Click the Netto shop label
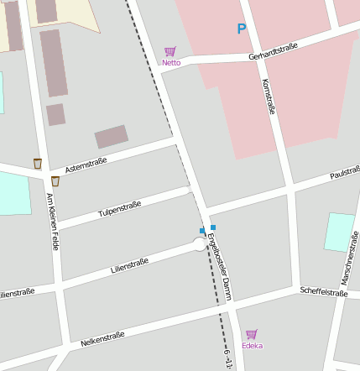pos(171,62)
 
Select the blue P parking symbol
pos(242,29)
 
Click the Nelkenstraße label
pos(102,339)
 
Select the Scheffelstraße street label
pos(323,292)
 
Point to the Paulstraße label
pos(344,173)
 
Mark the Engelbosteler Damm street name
pos(220,267)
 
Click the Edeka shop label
pos(252,345)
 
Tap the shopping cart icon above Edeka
pos(252,334)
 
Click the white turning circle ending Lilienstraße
pos(200,244)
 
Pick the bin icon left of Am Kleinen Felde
pos(37,163)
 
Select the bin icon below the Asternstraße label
pos(55,180)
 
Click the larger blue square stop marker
pos(213,227)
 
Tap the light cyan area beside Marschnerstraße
pos(339,232)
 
